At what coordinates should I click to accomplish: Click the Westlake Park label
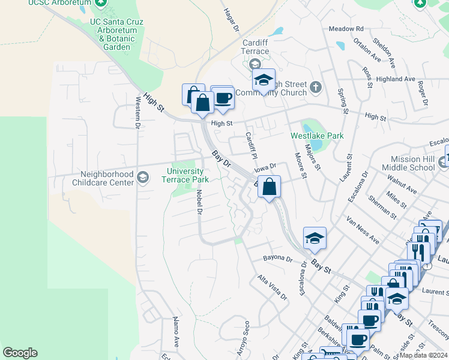(x=317, y=136)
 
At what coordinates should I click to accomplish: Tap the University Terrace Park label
(x=187, y=175)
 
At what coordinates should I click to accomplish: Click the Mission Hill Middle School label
(x=412, y=164)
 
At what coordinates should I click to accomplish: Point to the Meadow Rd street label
(x=346, y=29)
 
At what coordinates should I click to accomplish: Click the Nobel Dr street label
(x=199, y=201)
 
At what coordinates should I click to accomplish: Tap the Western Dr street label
(x=137, y=113)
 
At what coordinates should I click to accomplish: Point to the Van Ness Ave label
(x=362, y=230)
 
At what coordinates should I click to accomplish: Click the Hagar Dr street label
(x=231, y=20)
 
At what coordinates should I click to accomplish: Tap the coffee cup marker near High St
(x=223, y=98)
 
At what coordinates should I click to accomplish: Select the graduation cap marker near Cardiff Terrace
(x=263, y=80)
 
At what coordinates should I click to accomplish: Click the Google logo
(x=20, y=353)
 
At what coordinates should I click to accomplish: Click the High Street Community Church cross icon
(x=316, y=89)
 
